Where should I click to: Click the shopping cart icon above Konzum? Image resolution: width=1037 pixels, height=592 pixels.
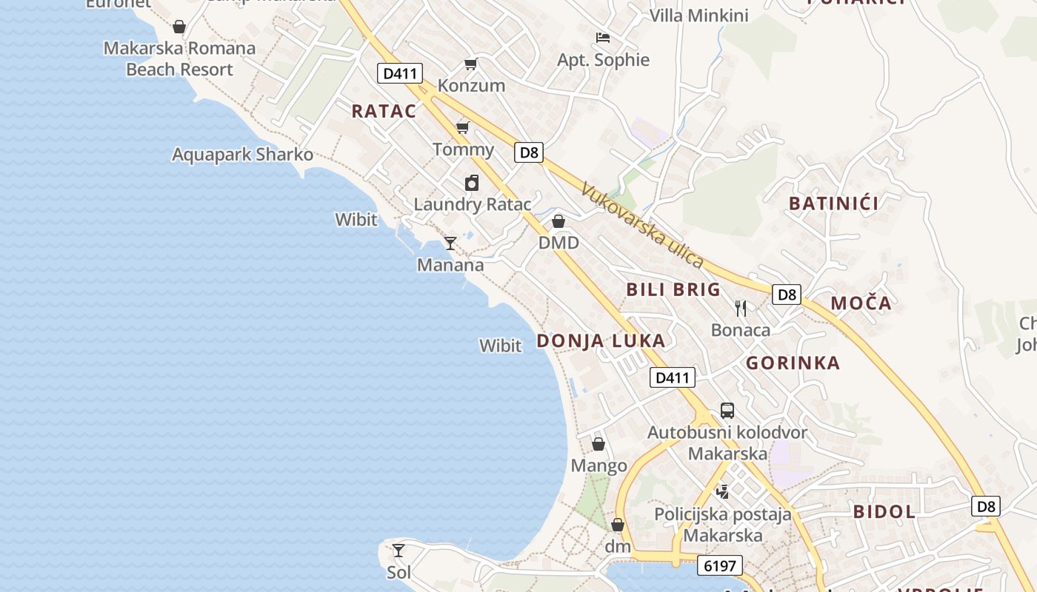[x=470, y=64]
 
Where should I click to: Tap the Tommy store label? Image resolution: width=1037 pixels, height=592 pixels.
[x=463, y=149]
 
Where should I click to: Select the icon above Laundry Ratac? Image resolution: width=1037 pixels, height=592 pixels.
[x=472, y=183]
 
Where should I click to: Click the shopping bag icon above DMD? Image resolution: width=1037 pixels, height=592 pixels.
[x=558, y=221]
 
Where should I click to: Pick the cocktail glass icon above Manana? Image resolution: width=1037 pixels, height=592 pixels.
[x=450, y=243]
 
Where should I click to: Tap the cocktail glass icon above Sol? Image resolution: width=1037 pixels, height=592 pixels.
[x=399, y=551]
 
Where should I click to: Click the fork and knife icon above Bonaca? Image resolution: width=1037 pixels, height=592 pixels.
[x=741, y=308]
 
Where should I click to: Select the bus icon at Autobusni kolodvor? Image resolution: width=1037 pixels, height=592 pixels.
[x=727, y=411]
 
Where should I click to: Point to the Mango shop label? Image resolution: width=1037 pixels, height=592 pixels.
[x=598, y=466]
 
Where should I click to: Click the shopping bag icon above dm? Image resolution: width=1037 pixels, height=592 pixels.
[x=618, y=525]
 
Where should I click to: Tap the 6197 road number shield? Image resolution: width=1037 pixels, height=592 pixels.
[x=719, y=566]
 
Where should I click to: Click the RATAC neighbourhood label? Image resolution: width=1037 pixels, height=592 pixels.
[x=384, y=111]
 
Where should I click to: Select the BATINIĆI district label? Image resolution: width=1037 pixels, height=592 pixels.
[x=833, y=203]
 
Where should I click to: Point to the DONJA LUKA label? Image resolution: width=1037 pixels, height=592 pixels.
[x=601, y=341]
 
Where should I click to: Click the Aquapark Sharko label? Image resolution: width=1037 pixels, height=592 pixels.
[x=242, y=155]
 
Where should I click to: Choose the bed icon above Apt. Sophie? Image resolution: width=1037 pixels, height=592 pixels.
[x=603, y=38]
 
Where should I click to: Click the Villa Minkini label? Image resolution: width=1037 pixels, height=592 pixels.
[x=698, y=16]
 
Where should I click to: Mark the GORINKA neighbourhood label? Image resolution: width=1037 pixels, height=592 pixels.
[x=793, y=363]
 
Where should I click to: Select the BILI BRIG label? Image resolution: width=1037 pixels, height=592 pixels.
[x=673, y=289]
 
